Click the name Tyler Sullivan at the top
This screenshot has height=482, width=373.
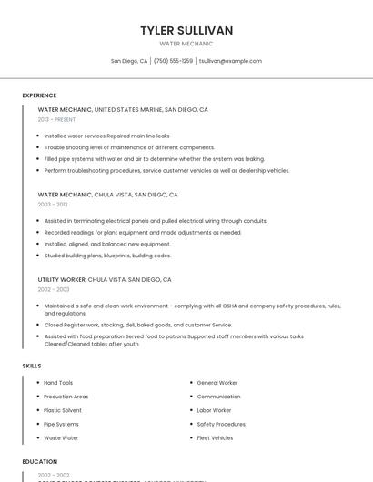coord(186,31)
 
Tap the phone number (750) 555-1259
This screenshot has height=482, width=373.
coord(173,61)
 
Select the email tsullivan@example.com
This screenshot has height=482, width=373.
coord(230,61)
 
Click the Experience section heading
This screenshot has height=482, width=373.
coord(39,95)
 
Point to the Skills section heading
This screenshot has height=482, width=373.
coord(32,366)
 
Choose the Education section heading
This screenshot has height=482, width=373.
coord(40,462)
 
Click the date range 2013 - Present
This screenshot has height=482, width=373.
coord(56,119)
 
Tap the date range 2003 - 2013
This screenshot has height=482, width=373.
coord(53,205)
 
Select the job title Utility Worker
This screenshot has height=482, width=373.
coord(61,280)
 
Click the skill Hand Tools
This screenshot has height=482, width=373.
coord(58,383)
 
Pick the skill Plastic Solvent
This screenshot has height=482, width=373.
coord(63,410)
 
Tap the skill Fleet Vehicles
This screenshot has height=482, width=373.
coord(215,437)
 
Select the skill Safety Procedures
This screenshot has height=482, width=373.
coord(221,424)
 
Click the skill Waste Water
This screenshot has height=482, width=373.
coord(61,437)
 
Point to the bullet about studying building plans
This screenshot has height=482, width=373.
coord(107,256)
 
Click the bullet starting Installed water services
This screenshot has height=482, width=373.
coord(106,136)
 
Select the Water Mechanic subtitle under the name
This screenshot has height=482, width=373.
coord(186,44)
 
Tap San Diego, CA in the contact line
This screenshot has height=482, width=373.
coord(129,61)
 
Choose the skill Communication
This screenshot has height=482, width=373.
coord(218,397)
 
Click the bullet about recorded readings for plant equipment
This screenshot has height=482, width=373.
coord(143,232)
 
